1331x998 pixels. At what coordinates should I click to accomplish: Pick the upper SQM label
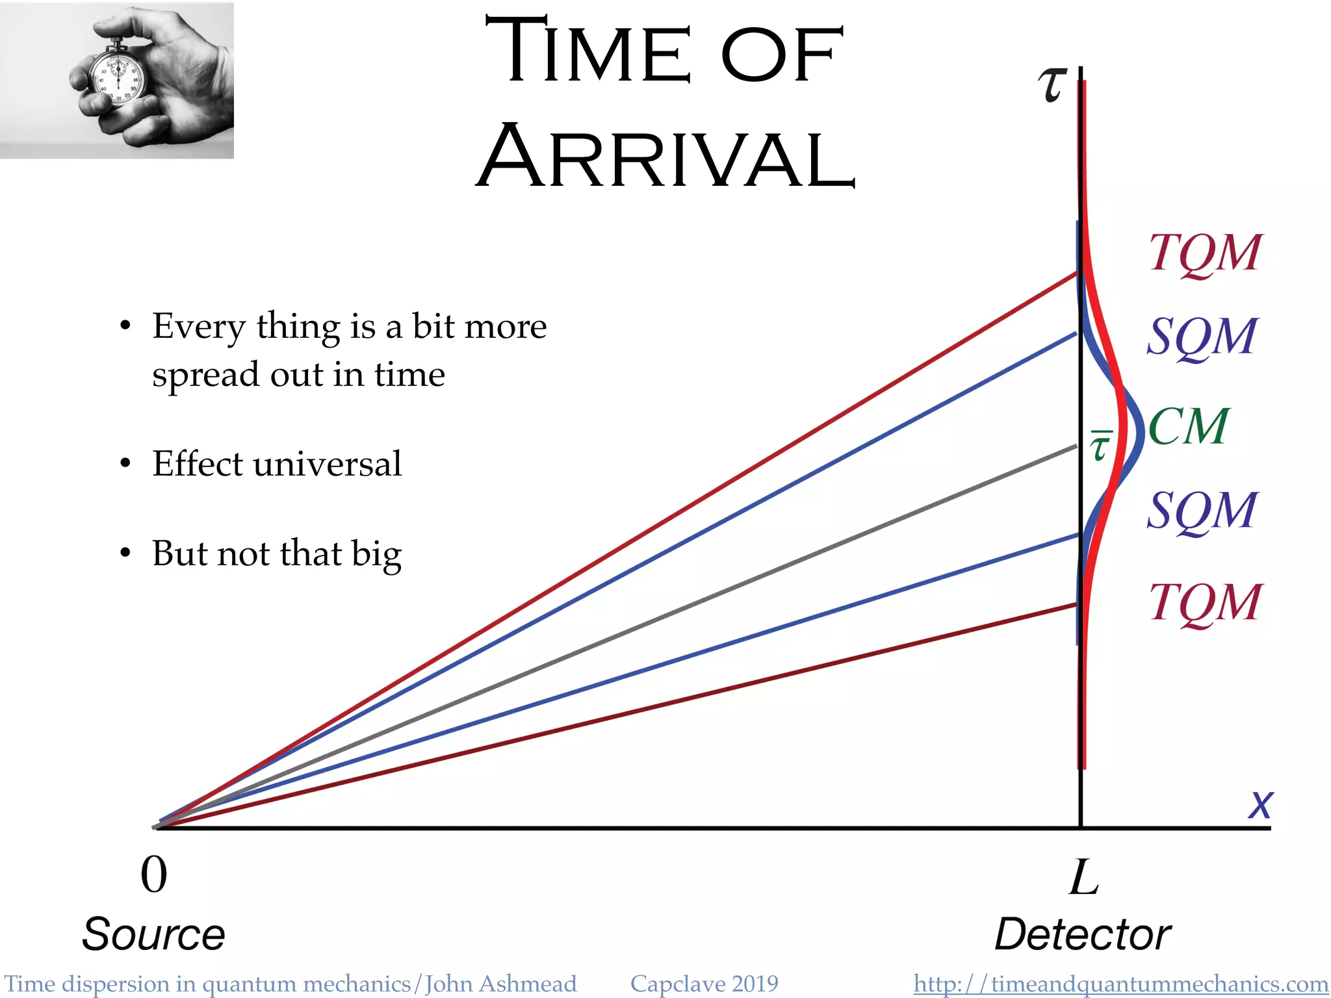[x=1201, y=337]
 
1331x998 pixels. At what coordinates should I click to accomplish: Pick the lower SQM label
[x=1201, y=511]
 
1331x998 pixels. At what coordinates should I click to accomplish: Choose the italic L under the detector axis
[x=1083, y=877]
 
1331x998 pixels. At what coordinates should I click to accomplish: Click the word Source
[x=153, y=934]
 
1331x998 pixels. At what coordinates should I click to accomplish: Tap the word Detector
[x=1083, y=934]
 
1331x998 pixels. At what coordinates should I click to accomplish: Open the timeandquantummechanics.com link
[x=1120, y=984]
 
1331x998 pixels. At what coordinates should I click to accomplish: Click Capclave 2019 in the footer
[x=704, y=984]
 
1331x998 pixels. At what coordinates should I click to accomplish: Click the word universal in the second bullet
[x=328, y=464]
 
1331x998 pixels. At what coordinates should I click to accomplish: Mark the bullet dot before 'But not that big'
[x=125, y=554]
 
